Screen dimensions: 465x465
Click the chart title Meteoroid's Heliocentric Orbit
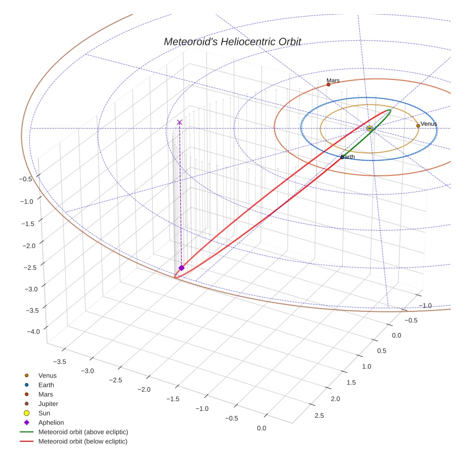232,42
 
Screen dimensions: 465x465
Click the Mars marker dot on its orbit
328,85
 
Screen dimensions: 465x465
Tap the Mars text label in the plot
333,80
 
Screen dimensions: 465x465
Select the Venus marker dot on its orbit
418,126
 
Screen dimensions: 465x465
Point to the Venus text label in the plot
429,124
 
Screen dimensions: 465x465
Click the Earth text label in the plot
348,156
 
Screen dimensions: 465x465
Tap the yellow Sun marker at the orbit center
370,128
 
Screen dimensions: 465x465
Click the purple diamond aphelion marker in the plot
181,268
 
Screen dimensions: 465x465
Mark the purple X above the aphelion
180,122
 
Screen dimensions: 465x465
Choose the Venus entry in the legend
47,376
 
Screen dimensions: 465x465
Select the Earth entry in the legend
46,385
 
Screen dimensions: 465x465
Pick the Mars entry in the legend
45,395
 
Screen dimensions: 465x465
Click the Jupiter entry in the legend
48,404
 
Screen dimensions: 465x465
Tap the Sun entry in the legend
44,413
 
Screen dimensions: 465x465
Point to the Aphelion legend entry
51,423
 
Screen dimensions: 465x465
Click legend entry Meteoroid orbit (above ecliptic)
83,432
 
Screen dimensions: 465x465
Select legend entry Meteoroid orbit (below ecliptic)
83,441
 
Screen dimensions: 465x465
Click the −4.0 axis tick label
33,332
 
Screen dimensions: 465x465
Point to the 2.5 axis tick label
319,415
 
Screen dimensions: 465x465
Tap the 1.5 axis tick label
351,382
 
